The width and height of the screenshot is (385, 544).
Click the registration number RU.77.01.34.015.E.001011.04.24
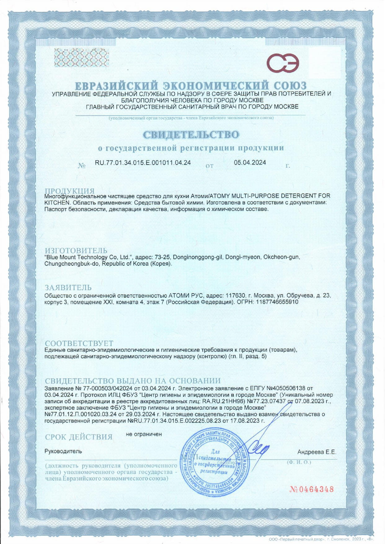click(143, 163)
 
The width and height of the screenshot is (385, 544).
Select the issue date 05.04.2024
click(250, 162)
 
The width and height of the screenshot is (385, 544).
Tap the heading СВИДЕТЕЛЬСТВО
click(191, 135)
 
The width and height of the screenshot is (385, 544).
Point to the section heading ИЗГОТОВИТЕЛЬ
click(76, 250)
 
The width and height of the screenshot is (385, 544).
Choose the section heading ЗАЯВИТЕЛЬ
click(68, 288)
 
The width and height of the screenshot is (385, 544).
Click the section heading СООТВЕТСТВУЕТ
click(79, 343)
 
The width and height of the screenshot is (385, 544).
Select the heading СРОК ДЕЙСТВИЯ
click(79, 437)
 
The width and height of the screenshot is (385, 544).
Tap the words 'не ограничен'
click(144, 434)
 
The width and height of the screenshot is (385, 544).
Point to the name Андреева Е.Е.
click(316, 452)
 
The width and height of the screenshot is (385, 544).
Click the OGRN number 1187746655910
click(277, 302)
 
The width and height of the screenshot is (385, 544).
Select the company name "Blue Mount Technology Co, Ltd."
click(89, 257)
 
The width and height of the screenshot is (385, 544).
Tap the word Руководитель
click(63, 451)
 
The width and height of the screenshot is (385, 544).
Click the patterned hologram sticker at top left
click(77, 57)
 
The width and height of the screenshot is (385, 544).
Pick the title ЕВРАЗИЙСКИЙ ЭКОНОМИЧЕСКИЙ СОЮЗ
click(191, 86)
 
